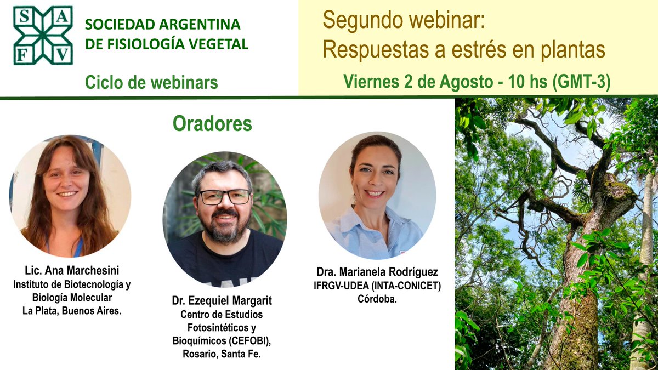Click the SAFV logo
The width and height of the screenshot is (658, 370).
(x=43, y=36)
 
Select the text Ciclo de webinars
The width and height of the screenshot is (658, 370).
(x=151, y=83)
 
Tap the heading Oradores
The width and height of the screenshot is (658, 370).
(x=212, y=124)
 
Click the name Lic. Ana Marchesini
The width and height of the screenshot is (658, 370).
(x=72, y=271)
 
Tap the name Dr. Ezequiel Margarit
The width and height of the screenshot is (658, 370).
(x=222, y=301)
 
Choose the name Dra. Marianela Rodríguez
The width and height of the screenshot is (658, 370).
(x=377, y=272)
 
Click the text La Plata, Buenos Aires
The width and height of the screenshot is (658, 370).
(x=72, y=311)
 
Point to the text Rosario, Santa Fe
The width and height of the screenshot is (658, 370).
(x=222, y=354)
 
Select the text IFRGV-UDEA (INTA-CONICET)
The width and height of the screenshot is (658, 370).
(x=377, y=286)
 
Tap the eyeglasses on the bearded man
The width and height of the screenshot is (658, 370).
(x=224, y=197)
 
